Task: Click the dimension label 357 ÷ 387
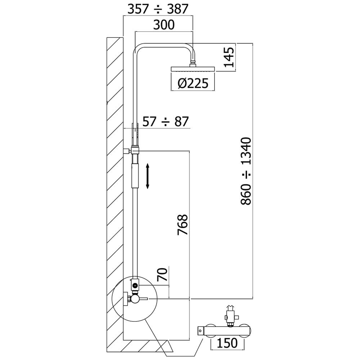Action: pos(158,9)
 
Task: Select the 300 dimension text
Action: pos(164,25)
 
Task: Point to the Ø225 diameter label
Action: pos(193,83)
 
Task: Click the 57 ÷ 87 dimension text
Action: pos(165,121)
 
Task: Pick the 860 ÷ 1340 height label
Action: pos(246,171)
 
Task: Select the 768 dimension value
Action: pos(183,225)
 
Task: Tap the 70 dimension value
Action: pos(163,275)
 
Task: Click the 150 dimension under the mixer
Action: pos(227,343)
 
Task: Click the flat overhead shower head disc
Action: pos(193,69)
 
